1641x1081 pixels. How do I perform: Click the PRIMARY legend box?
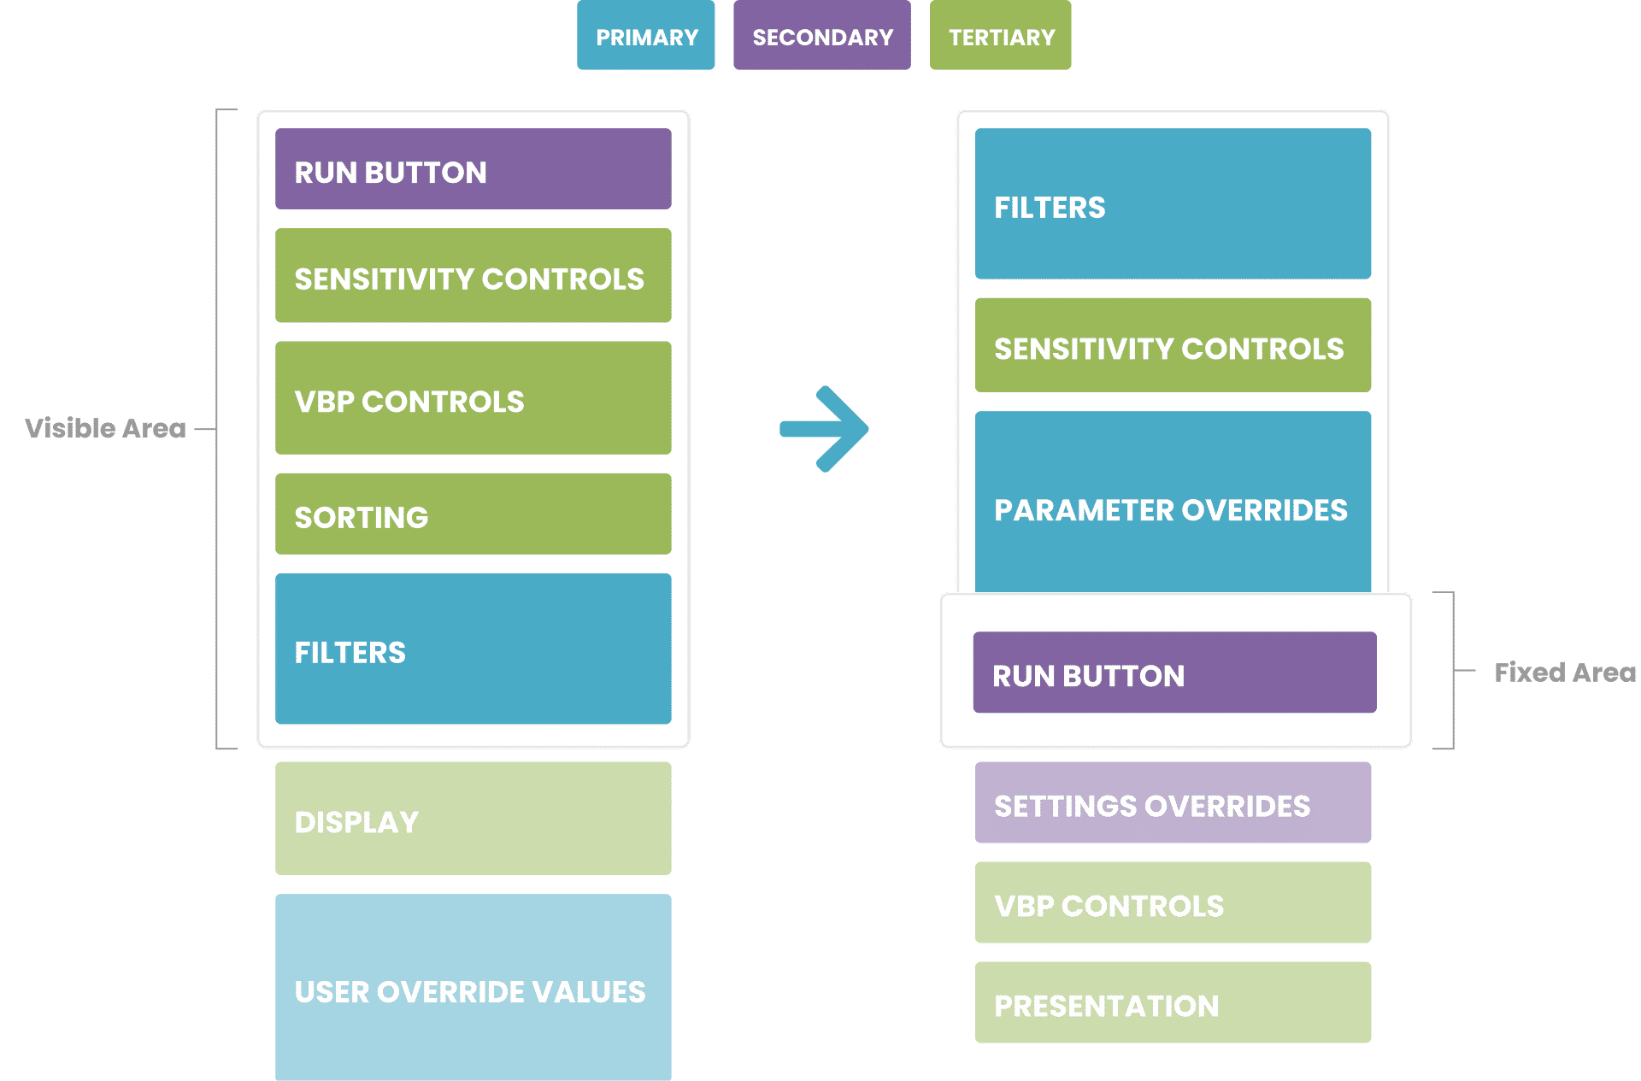click(x=645, y=35)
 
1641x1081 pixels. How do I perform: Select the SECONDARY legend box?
click(x=822, y=35)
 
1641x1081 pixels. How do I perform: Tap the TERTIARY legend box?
click(x=1000, y=35)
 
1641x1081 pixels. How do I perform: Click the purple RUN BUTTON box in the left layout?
click(x=473, y=169)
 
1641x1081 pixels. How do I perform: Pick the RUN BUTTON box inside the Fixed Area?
click(x=1175, y=673)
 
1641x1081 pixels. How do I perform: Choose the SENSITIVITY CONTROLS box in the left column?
click(x=473, y=275)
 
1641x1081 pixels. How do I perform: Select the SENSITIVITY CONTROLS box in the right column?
click(x=1173, y=345)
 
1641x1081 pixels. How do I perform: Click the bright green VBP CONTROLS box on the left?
click(x=473, y=398)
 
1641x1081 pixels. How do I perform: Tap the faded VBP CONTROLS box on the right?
click(x=1173, y=902)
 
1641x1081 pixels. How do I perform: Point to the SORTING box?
click(x=473, y=514)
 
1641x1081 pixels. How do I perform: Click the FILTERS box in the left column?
click(x=473, y=649)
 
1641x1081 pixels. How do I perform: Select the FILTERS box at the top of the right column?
click(x=1173, y=203)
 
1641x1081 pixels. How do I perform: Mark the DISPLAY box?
click(x=473, y=819)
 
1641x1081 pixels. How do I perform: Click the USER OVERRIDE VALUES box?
click(x=473, y=988)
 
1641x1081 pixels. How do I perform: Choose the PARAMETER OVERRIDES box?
click(x=1173, y=502)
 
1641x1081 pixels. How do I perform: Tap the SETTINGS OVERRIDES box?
click(x=1173, y=802)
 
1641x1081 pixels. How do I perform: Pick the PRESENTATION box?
click(x=1173, y=1002)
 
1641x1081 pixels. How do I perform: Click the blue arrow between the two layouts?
click(x=824, y=429)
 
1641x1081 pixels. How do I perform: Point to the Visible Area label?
click(x=105, y=428)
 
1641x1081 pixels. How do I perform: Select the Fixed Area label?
click(x=1565, y=673)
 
